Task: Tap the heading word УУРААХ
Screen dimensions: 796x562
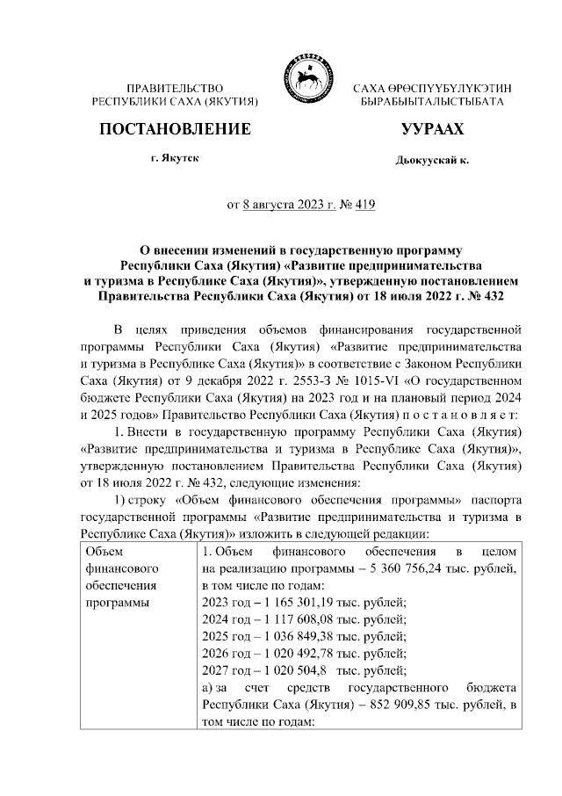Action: [431, 130]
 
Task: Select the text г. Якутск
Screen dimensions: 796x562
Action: [175, 158]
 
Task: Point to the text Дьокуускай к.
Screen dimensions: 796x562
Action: [432, 161]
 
